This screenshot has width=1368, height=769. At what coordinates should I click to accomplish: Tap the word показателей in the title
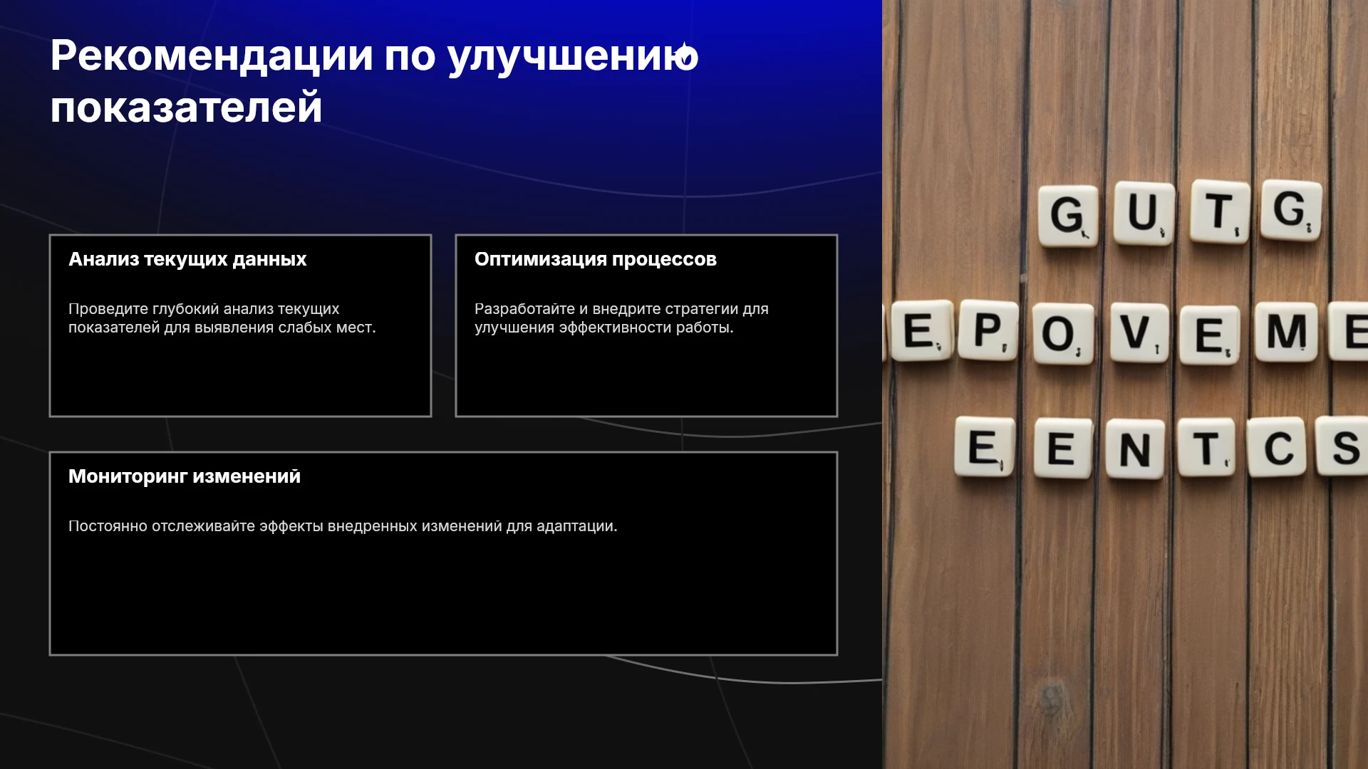(186, 108)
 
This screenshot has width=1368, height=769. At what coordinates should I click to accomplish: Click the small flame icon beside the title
(686, 54)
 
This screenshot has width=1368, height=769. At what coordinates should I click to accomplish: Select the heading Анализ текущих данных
(187, 259)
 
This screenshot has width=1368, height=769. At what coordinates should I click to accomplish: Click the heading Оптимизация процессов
(596, 259)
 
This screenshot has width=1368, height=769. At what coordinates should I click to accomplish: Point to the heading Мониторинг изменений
(185, 476)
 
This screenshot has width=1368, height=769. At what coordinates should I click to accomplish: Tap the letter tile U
(1144, 212)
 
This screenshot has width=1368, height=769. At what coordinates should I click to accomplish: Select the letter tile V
(1139, 333)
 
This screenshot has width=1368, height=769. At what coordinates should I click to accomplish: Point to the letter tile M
(1287, 332)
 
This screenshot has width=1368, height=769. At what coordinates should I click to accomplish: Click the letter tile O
(1062, 334)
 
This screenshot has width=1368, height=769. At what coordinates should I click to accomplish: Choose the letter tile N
(1135, 449)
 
